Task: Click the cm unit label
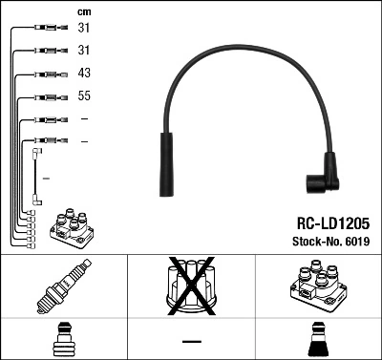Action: coord(83,11)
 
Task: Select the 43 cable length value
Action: coord(83,74)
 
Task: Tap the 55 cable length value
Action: coord(83,96)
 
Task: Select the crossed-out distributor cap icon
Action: coord(190,286)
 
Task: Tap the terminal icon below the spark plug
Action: coord(63,338)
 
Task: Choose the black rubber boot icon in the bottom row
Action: coord(318,338)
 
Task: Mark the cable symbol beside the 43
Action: coord(47,74)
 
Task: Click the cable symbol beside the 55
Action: coord(47,96)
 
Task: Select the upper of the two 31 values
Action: coord(83,28)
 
